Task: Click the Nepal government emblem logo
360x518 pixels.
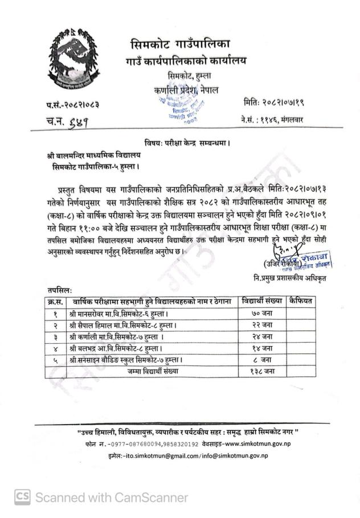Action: [x=72, y=62]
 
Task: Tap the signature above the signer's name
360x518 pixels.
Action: [x=284, y=248]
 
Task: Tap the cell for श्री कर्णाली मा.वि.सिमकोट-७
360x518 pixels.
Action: [x=117, y=336]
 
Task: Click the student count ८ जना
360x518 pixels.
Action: [x=262, y=360]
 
